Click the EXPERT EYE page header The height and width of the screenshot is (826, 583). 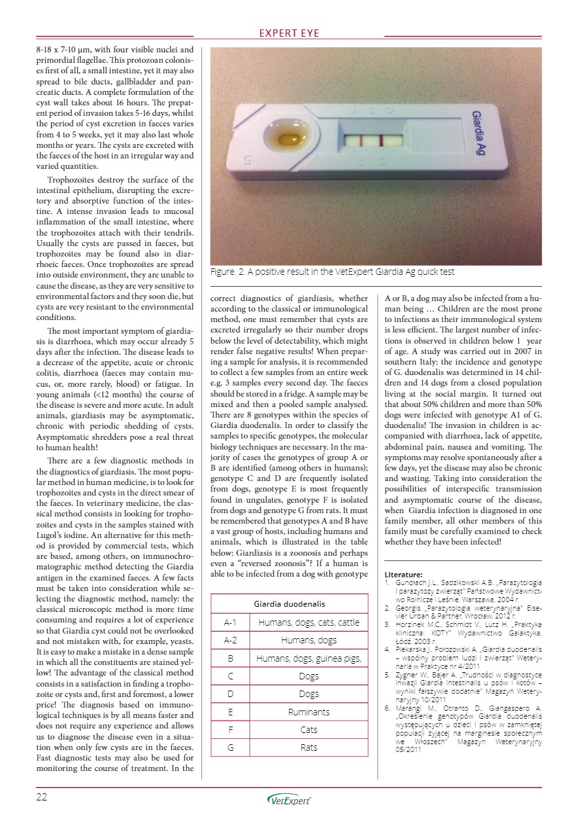tap(290, 33)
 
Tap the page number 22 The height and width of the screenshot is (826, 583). tap(42, 797)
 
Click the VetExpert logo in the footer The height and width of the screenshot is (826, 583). tap(290, 800)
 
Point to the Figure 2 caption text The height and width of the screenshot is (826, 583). tap(332, 272)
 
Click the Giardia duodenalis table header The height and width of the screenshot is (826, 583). tap(289, 603)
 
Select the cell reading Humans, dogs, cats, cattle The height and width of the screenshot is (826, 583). tap(309, 622)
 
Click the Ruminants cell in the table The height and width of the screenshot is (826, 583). tap(309, 711)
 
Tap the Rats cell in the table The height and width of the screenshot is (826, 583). tap(309, 747)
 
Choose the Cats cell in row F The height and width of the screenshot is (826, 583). tap(309, 729)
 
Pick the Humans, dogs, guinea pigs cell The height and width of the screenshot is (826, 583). tap(309, 658)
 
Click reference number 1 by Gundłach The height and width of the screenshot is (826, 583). tap(463, 590)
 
